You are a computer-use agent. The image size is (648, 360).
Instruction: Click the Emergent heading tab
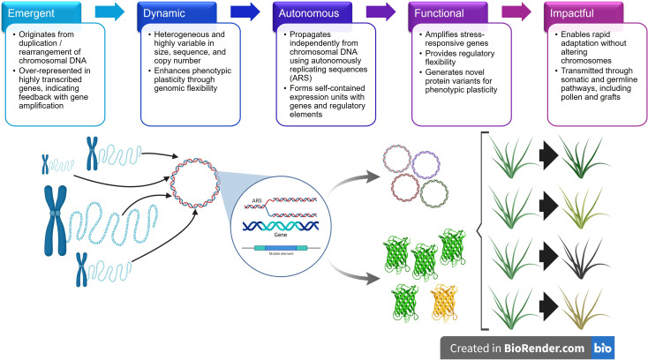pos(41,13)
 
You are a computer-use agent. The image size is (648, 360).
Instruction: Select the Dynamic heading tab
pos(177,13)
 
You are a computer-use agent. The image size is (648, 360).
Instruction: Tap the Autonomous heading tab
pos(313,13)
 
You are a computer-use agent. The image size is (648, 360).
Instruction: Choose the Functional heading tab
pos(448,13)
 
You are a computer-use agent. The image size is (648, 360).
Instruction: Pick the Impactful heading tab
pos(584,13)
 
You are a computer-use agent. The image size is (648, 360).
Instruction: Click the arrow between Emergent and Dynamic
pos(109,11)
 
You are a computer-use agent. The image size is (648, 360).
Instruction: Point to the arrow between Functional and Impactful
pos(516,11)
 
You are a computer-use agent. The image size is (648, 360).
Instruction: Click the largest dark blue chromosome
pos(56,220)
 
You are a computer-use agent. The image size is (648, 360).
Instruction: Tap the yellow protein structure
pos(444,303)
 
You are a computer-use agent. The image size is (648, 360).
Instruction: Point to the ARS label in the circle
pos(257,200)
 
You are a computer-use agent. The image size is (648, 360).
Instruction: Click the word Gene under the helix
pos(280,235)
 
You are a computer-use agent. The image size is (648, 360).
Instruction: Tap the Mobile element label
pos(281,253)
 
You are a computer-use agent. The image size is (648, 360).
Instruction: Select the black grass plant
pos(582,258)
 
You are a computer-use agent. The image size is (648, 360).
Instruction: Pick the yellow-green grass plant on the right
pos(583,206)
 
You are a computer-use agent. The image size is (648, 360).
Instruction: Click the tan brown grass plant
pos(583,308)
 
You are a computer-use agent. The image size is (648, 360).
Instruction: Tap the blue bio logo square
pos(603,348)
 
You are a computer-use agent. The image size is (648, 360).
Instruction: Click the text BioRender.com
pos(544,349)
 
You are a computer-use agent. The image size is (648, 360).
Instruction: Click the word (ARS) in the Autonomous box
pos(300,78)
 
